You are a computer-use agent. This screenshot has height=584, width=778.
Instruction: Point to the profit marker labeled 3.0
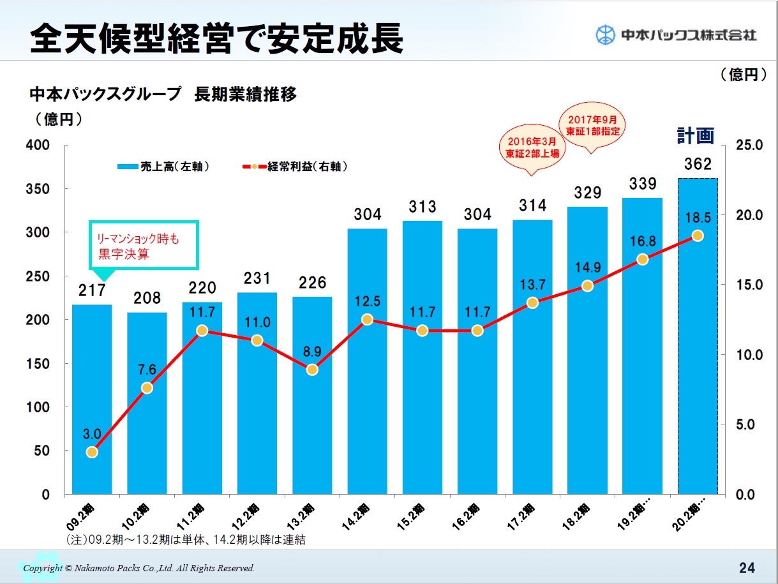click(92, 452)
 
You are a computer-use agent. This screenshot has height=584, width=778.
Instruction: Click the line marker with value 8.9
click(312, 370)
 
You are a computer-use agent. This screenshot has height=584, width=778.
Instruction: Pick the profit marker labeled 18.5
click(698, 236)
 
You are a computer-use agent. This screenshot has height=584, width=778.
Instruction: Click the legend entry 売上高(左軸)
click(163, 167)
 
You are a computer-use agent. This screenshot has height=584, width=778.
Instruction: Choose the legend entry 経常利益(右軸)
click(295, 167)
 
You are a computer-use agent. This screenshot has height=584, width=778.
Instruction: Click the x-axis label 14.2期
click(363, 514)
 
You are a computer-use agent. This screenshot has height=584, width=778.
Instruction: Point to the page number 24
click(747, 567)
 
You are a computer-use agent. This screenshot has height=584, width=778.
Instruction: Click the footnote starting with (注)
click(186, 540)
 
